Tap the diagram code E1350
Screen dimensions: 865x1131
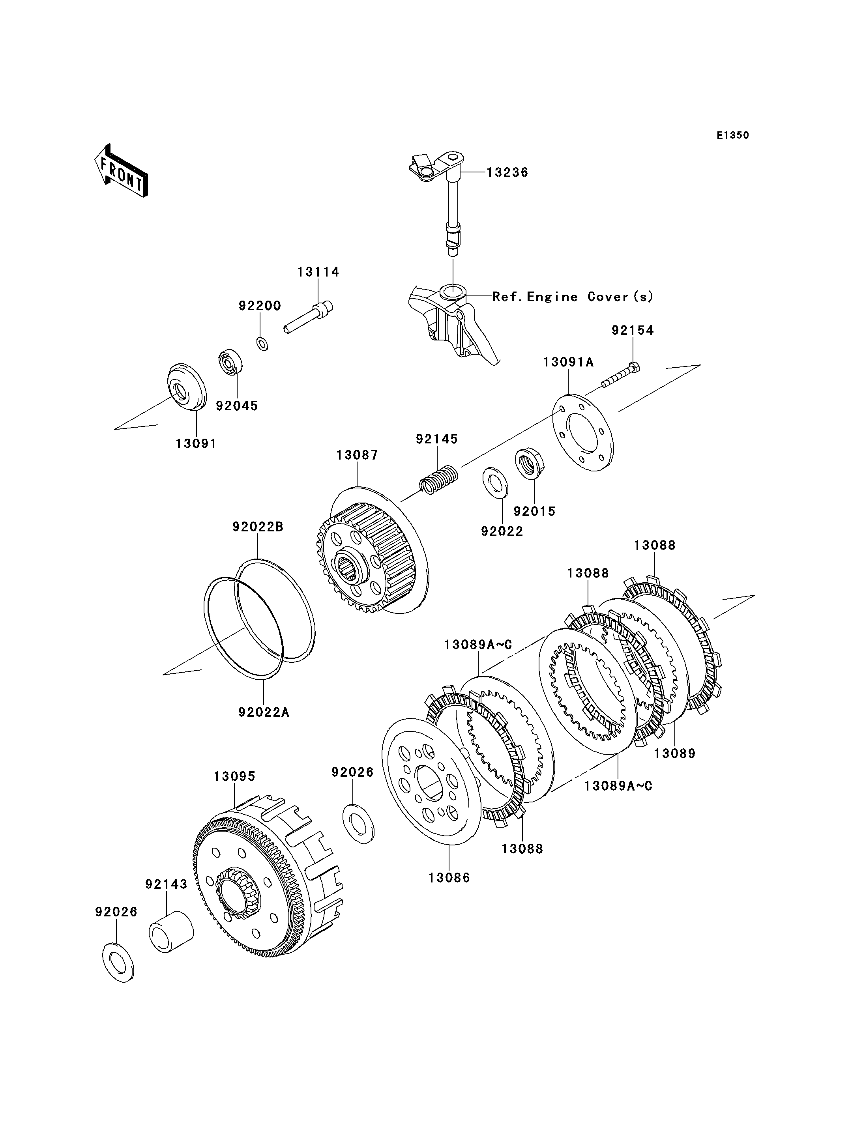(x=733, y=135)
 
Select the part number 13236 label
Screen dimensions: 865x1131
(x=507, y=172)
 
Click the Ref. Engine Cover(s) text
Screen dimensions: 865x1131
(x=573, y=297)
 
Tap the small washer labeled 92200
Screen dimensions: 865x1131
(x=262, y=343)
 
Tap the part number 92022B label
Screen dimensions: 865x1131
(x=258, y=527)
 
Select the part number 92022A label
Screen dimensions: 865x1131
(x=264, y=712)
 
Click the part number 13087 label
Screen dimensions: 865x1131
(x=358, y=455)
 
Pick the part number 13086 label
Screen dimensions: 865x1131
(x=449, y=878)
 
